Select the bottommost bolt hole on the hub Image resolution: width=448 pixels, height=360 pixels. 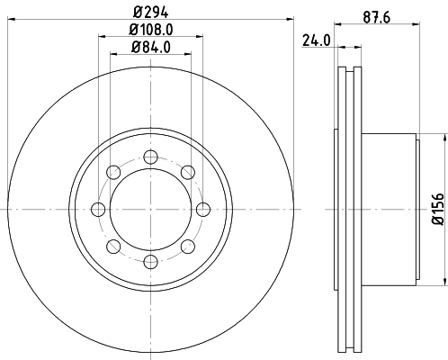tap(149, 262)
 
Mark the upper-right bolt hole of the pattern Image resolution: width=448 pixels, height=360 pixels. tap(187, 172)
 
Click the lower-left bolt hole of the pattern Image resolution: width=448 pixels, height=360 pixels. tap(112, 247)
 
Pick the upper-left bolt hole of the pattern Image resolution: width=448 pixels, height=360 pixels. tap(112, 172)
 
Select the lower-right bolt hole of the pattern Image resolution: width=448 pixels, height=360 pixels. tap(187, 247)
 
